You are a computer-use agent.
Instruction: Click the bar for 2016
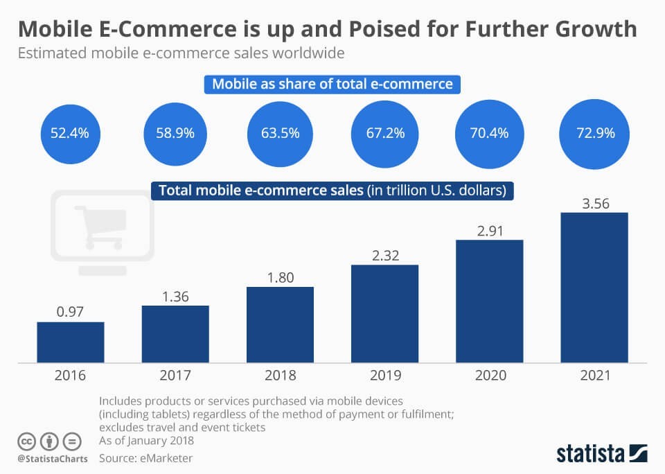70,342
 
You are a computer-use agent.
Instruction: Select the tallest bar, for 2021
594,287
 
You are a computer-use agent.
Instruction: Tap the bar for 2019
384,313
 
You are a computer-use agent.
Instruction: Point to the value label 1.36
175,295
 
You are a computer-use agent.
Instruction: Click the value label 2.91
489,229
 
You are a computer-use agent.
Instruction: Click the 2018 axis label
280,376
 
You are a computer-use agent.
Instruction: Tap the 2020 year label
489,376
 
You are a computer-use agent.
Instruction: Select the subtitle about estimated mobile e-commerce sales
181,53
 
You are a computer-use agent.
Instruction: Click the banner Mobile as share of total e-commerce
332,85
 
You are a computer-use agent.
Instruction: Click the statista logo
602,454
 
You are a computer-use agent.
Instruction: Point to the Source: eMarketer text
146,458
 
